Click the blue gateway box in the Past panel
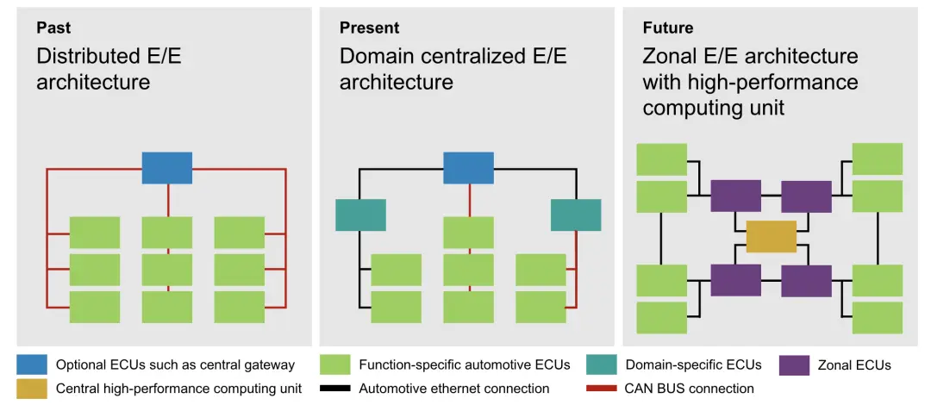click(x=167, y=168)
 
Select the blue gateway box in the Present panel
click(x=468, y=168)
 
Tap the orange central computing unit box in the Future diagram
click(x=772, y=236)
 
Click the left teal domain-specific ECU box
click(x=360, y=215)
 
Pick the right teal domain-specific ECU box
click(x=576, y=215)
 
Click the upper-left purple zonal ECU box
click(x=735, y=196)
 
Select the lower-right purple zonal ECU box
click(x=806, y=281)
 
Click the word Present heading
click(x=369, y=28)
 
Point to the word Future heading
click(x=668, y=28)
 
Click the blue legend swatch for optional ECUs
click(x=32, y=364)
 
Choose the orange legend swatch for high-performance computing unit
click(x=32, y=389)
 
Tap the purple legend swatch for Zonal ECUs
click(x=794, y=364)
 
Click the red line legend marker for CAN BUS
click(x=601, y=389)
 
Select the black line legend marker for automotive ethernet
click(x=334, y=389)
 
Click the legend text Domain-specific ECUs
click(x=693, y=364)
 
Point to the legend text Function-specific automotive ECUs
click(x=465, y=364)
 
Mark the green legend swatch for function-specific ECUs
click(x=334, y=364)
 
